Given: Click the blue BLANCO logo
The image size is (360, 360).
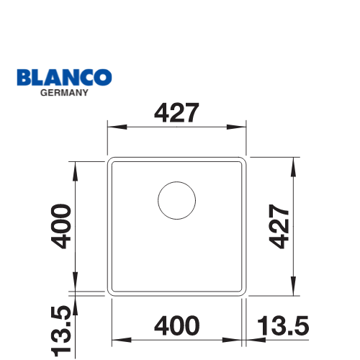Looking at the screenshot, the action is tap(64, 77).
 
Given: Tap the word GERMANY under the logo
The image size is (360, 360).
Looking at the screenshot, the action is tap(64, 93).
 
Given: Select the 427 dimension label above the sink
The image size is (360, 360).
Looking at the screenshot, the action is tap(176, 112).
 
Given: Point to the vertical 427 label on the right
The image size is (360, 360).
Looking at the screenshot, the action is tap(279, 226).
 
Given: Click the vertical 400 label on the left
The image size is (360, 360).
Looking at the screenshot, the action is tap(61, 226).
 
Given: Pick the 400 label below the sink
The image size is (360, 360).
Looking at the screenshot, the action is tap(177, 325).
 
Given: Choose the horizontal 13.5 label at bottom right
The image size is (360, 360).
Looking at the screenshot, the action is tap(283, 325).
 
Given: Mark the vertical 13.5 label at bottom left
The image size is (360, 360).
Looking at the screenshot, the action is tap(61, 331).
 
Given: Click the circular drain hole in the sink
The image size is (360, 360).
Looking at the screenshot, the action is tap(177, 200).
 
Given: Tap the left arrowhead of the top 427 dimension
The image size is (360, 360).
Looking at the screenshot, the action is tap(117, 127).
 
